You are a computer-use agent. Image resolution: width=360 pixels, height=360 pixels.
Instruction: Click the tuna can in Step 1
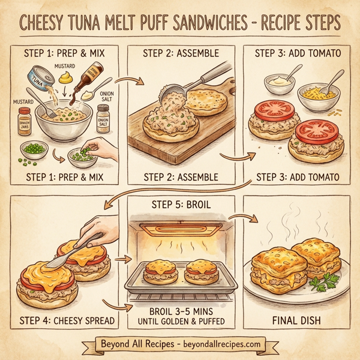37,80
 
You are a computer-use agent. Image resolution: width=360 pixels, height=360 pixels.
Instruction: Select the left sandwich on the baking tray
160,271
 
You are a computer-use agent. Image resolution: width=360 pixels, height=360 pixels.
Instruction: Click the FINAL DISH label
295,319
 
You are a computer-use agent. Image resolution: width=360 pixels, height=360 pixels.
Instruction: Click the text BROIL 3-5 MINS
179,312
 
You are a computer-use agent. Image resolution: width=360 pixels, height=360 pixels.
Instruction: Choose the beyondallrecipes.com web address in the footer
218,344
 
